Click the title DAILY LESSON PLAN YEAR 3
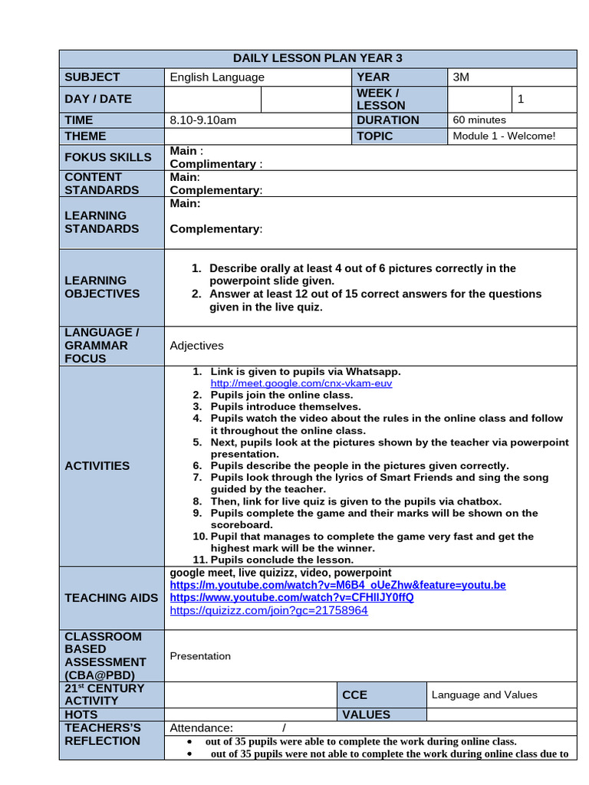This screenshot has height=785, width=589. (317, 58)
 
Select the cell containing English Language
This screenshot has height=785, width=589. (217, 77)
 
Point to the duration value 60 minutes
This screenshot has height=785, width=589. (479, 120)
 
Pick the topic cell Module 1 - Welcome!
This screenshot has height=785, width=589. (504, 136)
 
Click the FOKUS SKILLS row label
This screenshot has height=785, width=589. (108, 156)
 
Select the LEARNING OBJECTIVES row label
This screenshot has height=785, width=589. (102, 287)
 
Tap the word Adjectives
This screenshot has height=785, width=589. (196, 346)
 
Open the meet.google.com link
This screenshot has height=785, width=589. (301, 383)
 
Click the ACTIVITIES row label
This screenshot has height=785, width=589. (97, 465)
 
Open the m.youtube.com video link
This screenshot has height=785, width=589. (337, 585)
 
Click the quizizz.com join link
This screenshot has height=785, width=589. (268, 610)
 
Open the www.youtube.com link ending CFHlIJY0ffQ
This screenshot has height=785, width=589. (291, 597)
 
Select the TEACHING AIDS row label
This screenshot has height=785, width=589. (111, 597)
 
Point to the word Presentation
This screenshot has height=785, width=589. (200, 655)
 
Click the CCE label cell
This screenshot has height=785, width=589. (354, 695)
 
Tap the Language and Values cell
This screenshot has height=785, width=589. (484, 695)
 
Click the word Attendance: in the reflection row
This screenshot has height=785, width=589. (201, 728)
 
